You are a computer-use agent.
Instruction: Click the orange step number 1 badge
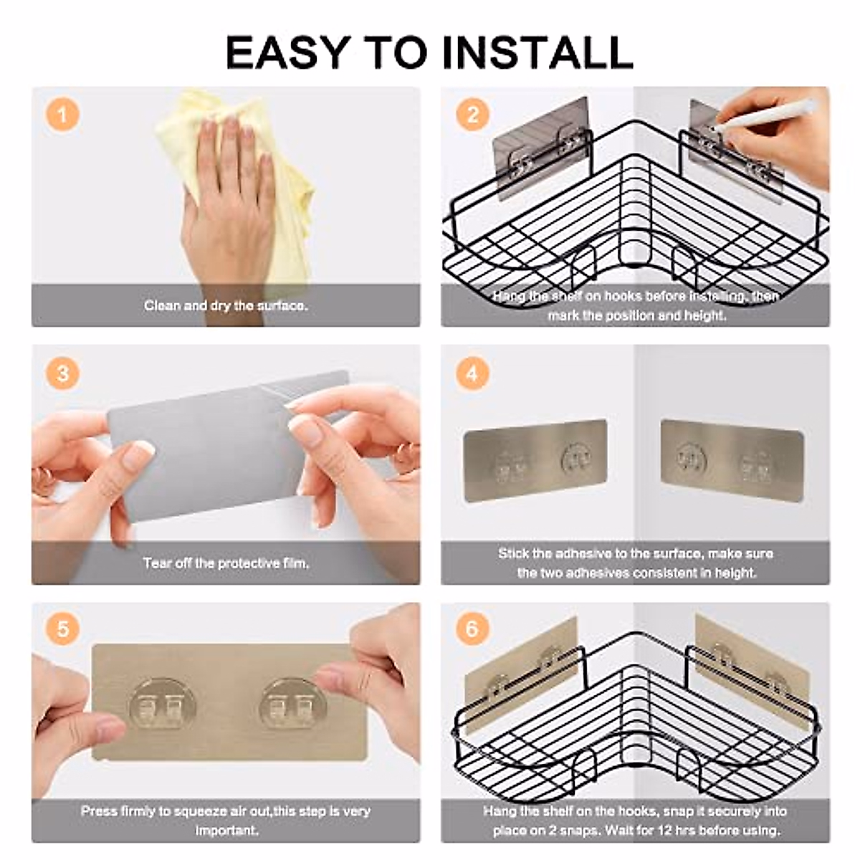[x=62, y=115]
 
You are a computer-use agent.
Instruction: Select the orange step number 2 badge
[x=472, y=115]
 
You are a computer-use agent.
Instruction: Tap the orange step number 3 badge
[x=63, y=373]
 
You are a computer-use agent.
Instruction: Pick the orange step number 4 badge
[x=472, y=373]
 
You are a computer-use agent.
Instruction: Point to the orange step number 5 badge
[x=63, y=629]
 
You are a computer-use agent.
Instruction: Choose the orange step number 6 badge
[x=472, y=629]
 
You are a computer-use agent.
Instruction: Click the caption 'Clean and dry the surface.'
[x=226, y=306]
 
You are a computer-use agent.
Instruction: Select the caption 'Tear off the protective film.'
[x=226, y=563]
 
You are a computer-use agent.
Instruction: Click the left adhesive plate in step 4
[x=535, y=461]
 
